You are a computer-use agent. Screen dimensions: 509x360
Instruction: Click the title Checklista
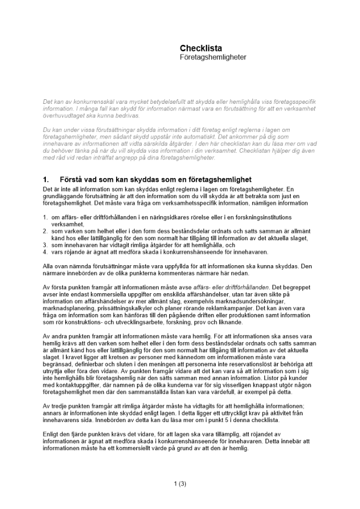pyautogui.click(x=201, y=48)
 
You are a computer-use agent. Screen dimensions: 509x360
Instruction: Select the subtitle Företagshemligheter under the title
pyautogui.click(x=213, y=58)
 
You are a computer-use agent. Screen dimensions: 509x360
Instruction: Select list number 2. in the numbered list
pyautogui.click(x=45, y=231)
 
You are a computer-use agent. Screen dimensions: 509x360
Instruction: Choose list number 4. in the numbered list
pyautogui.click(x=45, y=251)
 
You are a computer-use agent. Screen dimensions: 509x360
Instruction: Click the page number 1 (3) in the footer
pyautogui.click(x=180, y=484)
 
